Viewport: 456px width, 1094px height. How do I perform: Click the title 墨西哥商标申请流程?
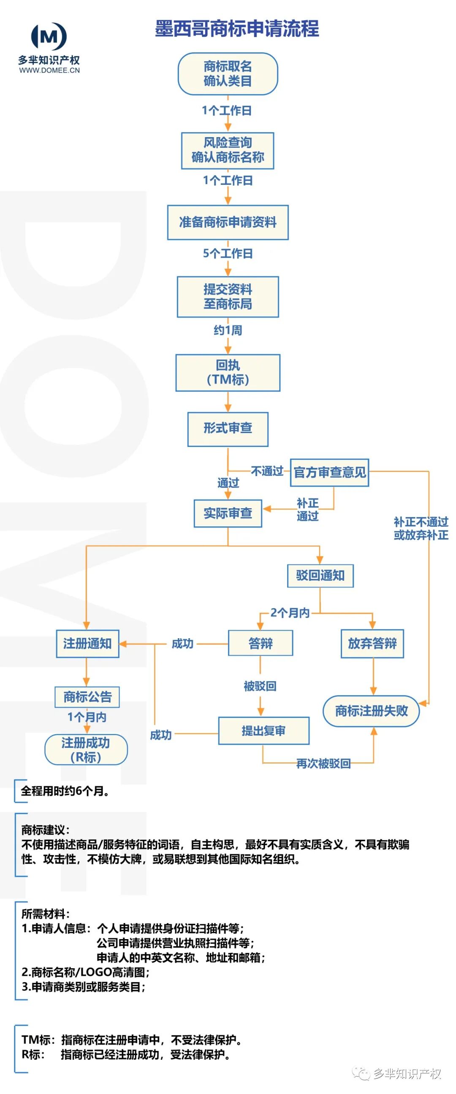(237, 28)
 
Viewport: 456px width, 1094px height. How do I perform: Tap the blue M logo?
(49, 36)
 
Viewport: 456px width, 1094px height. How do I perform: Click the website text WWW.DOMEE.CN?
(49, 70)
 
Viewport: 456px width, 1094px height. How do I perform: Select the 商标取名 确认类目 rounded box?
(228, 73)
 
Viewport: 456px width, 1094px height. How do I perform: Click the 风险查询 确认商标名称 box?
(228, 150)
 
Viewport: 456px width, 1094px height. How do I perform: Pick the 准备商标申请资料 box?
(228, 222)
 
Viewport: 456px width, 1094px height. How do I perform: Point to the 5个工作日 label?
(228, 254)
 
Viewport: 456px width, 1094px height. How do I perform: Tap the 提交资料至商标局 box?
(228, 296)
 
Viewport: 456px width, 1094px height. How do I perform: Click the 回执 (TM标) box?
(228, 372)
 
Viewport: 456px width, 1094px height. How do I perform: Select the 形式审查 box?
(228, 428)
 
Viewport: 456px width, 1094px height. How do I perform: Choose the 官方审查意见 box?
(329, 472)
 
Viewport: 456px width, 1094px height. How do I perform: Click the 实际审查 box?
(228, 514)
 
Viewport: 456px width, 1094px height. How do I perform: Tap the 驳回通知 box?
(320, 575)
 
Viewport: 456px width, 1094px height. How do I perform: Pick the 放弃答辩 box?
(372, 643)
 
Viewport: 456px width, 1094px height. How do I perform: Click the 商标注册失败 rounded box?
(372, 711)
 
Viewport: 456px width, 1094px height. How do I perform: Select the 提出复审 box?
(263, 731)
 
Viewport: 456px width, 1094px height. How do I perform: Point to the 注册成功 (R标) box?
(86, 750)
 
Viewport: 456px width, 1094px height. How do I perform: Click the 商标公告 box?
(87, 696)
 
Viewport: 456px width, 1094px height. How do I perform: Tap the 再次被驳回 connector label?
(323, 764)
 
